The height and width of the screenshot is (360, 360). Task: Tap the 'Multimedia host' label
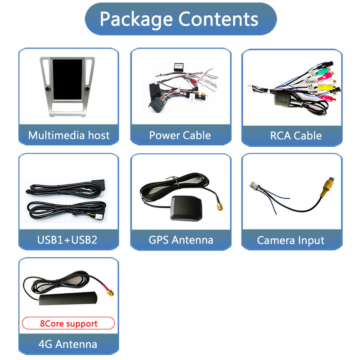point(69,135)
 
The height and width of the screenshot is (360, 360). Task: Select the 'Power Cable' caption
point(180,135)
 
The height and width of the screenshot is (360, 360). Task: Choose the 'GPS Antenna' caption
point(181,240)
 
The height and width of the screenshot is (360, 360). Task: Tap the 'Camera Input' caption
point(291,240)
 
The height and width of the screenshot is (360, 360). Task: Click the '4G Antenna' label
point(67,344)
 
